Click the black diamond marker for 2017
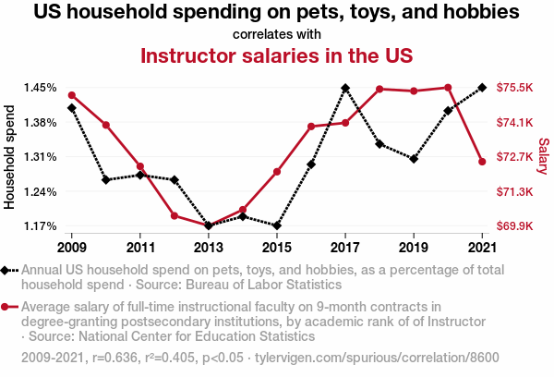coord(344,89)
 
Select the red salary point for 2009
coord(72,95)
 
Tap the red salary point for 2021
coord(481,163)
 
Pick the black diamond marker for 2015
coord(276,225)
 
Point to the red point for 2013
coord(209,225)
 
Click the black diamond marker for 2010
coord(106,179)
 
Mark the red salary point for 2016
coord(311,127)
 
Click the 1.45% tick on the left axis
coord(41,88)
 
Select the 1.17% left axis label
coord(41,226)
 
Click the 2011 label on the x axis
coord(140,248)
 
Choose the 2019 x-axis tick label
coord(413,248)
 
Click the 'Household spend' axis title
coord(11,157)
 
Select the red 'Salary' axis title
coord(543,157)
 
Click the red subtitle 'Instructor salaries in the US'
coord(276,55)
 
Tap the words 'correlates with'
coord(276,34)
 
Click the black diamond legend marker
coord(6,271)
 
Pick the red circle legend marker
coord(6,307)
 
